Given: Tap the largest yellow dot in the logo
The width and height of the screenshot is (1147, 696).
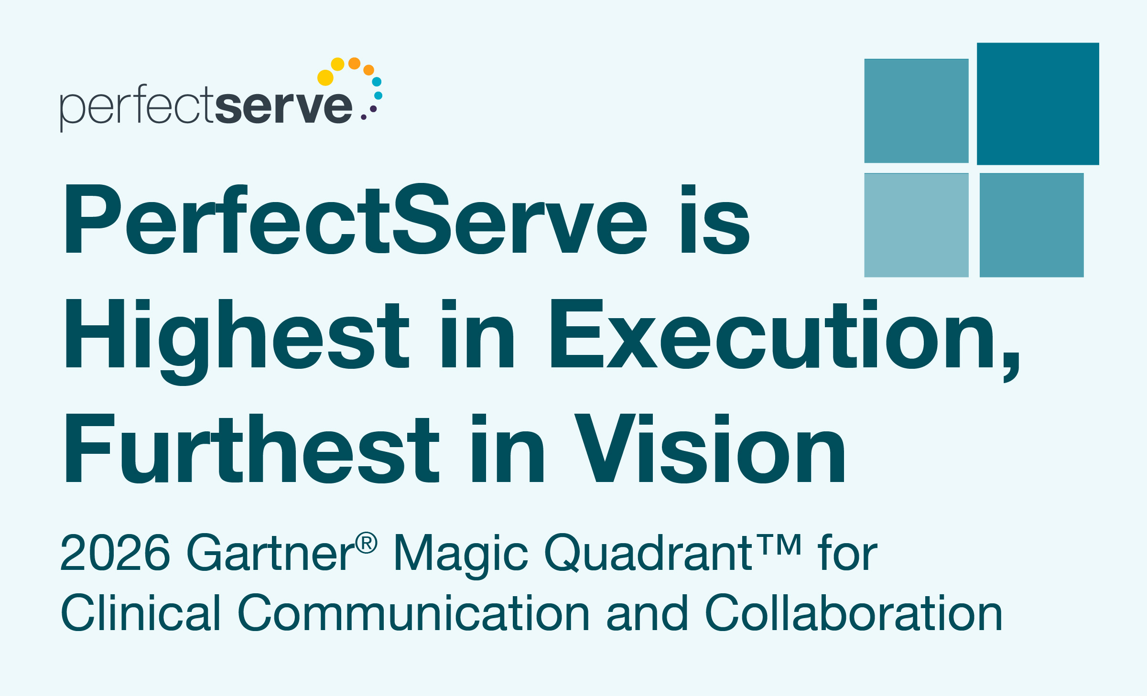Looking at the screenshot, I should pos(325,78).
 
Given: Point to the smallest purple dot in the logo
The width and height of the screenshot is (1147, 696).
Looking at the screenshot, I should pos(364,117).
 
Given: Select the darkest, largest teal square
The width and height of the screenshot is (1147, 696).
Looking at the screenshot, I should pos(1038,104).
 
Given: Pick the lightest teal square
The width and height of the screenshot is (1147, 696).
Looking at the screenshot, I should pos(916,225).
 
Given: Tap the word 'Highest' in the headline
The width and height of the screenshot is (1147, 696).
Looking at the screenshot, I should pos(237,337).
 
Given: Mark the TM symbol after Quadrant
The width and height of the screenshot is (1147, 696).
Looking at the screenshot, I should pos(780,545).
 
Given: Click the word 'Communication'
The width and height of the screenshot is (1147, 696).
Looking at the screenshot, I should pos(413,613).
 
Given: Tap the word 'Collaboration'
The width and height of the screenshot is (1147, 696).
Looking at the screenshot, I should pos(853,613).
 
